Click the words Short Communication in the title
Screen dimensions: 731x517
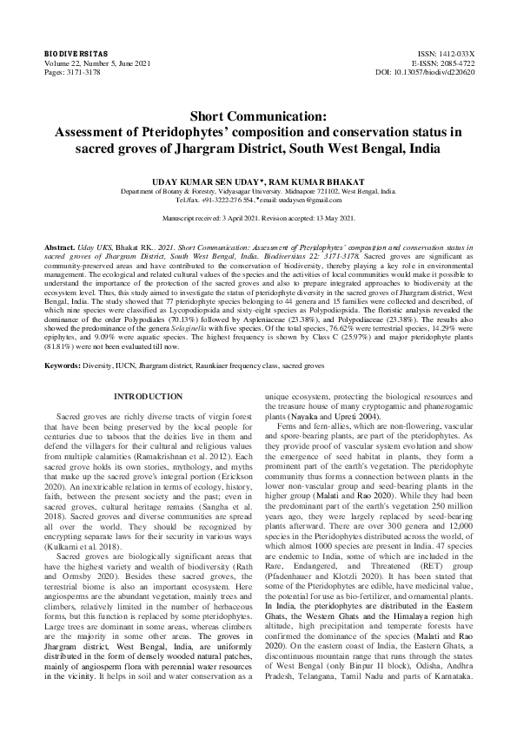coord(258,115)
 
